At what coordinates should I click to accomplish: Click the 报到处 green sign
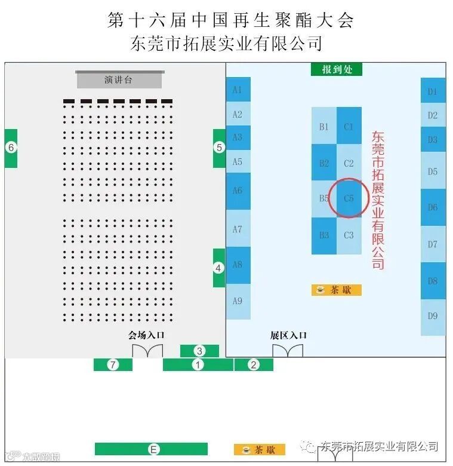[336, 69]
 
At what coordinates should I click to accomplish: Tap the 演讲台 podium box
[119, 79]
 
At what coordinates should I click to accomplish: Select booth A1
[238, 90]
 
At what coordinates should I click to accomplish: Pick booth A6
[238, 191]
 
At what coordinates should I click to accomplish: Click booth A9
[238, 301]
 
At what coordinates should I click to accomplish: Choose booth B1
[324, 127]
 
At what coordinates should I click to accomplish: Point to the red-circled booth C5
[349, 198]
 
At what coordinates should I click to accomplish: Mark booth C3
[349, 235]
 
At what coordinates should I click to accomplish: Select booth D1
[433, 91]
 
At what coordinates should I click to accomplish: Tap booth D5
[433, 171]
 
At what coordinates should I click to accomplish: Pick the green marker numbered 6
[11, 147]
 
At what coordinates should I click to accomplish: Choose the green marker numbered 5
[219, 147]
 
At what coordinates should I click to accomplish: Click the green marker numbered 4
[219, 268]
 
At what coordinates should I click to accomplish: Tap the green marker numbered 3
[200, 351]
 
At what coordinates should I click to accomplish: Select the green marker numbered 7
[112, 364]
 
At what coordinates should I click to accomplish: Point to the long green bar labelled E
[152, 449]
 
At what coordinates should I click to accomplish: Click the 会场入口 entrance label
[146, 335]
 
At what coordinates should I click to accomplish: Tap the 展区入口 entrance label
[288, 335]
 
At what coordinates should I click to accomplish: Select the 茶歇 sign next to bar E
[259, 449]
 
